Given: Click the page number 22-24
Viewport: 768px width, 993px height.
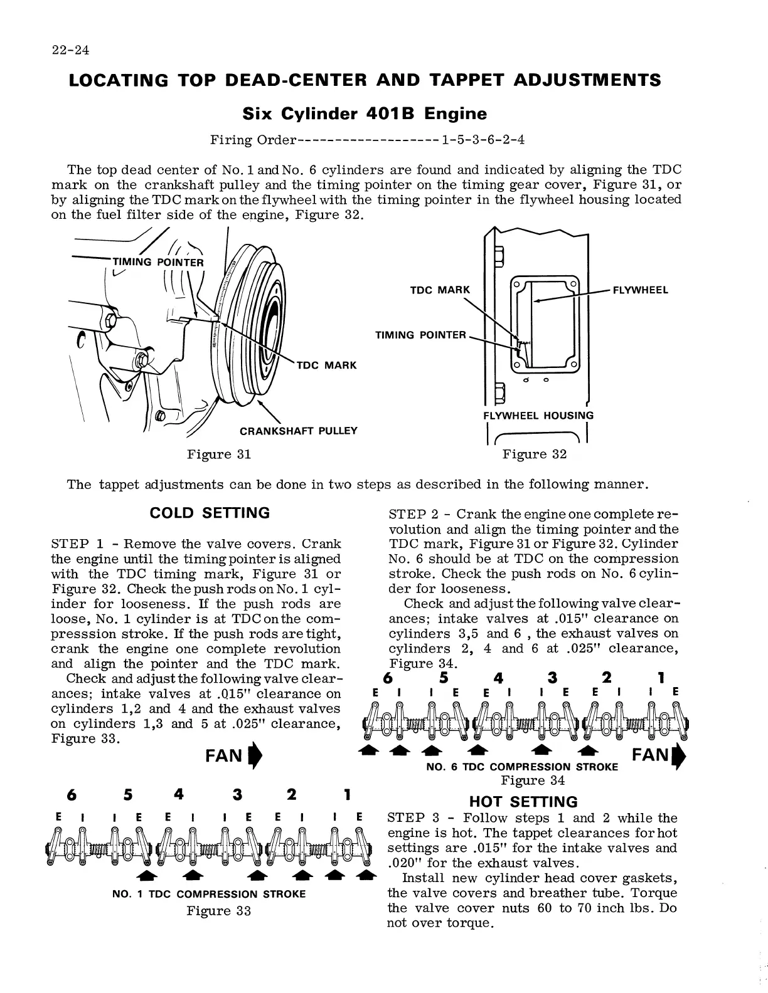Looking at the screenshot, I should coord(70,51).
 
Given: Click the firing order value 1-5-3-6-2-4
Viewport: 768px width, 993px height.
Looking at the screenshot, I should coord(483,139).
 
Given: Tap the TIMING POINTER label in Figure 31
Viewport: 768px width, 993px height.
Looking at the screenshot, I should coord(157,262).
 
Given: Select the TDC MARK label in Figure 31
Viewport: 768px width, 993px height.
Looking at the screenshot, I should coord(326,365).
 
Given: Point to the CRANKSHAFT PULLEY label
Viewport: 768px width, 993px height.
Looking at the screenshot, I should coord(299,431).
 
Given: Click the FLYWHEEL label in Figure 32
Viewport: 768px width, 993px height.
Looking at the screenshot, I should coord(640,290).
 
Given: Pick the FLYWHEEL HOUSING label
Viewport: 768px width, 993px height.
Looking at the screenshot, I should coord(538,415).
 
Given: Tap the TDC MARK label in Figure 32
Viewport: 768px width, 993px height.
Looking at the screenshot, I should coord(440,290).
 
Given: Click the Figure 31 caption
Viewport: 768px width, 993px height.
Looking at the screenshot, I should coord(219,454).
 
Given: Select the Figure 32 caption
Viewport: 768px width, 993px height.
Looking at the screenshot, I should coord(535,454).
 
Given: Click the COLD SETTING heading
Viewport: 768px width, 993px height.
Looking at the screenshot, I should coord(210,513).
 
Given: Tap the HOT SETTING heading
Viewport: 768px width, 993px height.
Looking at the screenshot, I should coord(523,802).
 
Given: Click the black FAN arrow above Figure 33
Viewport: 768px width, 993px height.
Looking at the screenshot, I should coord(253,755).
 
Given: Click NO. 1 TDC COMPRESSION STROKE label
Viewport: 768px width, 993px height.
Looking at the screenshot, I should coord(209,894).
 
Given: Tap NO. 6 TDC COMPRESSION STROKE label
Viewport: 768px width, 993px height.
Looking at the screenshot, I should coord(521,767).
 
